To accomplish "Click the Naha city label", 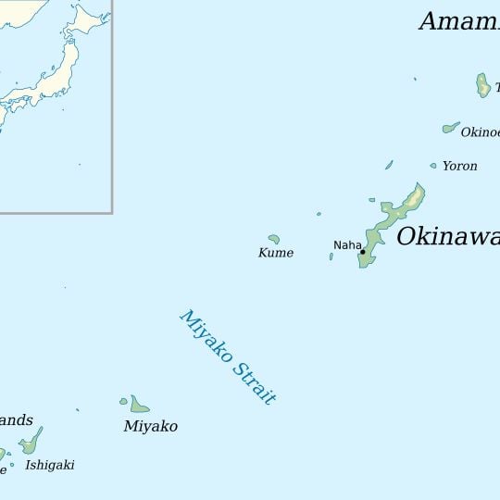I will pos(347,244).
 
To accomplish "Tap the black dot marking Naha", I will pos(363,252).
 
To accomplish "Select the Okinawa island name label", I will pos(448,237).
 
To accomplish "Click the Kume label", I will pos(276,253).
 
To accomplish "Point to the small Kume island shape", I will pos(274,238).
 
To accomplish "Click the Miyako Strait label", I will pos(228,356).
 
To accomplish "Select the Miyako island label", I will pos(150,426).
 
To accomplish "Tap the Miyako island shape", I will pos(139,406).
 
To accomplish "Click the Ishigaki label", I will pos(50,465).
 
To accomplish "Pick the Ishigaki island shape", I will pos(32,441).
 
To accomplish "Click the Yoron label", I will pos(459,166).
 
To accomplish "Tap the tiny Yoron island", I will pos(432,166).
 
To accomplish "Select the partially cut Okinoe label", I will pos(480,132).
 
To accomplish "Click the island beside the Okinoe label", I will pos(451,128).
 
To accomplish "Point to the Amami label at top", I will pos(459,21).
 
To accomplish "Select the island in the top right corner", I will pos(482,85).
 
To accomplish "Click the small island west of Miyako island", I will pos(123,401).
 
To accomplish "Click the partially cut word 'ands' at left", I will pos(16,419).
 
